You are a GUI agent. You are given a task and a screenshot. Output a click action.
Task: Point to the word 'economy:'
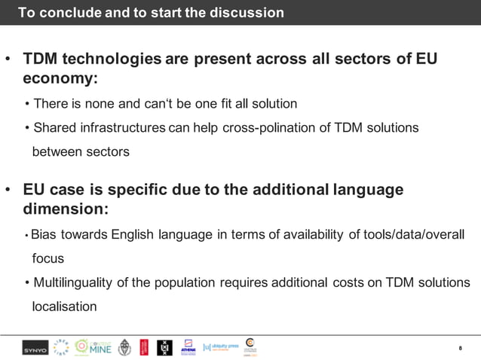click(61, 78)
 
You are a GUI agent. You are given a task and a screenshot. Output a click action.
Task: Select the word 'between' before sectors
click(55, 151)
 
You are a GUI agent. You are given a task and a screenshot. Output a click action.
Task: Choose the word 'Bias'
click(44, 234)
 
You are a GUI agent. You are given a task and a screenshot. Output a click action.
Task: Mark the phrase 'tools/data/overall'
click(417, 234)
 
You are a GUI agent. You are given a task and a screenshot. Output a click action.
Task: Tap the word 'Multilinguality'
click(72, 282)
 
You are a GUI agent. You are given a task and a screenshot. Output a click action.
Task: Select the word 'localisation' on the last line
click(64, 307)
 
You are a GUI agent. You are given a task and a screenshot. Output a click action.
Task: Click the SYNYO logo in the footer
click(35, 347)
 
